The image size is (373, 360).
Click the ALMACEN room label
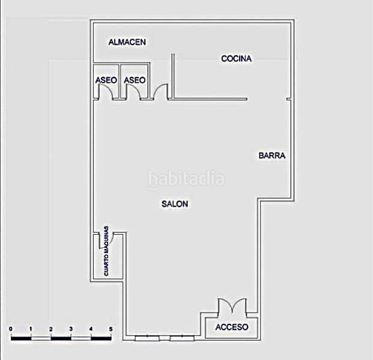point(127,42)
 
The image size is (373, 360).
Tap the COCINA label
point(236,58)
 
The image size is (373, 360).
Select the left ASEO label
point(106,80)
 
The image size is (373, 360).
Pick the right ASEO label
point(135,80)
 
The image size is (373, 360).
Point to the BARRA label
point(272,155)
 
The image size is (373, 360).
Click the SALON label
point(175,204)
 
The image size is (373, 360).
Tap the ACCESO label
point(231,327)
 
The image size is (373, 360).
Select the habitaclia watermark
point(186,179)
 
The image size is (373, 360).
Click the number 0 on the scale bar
point(11,329)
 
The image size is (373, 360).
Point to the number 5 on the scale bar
point(111,329)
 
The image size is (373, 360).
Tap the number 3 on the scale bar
point(71,329)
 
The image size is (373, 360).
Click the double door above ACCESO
point(231,306)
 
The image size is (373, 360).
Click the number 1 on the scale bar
point(31,329)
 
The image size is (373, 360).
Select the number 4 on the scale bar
point(91,329)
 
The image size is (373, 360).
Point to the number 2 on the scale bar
point(51,329)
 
